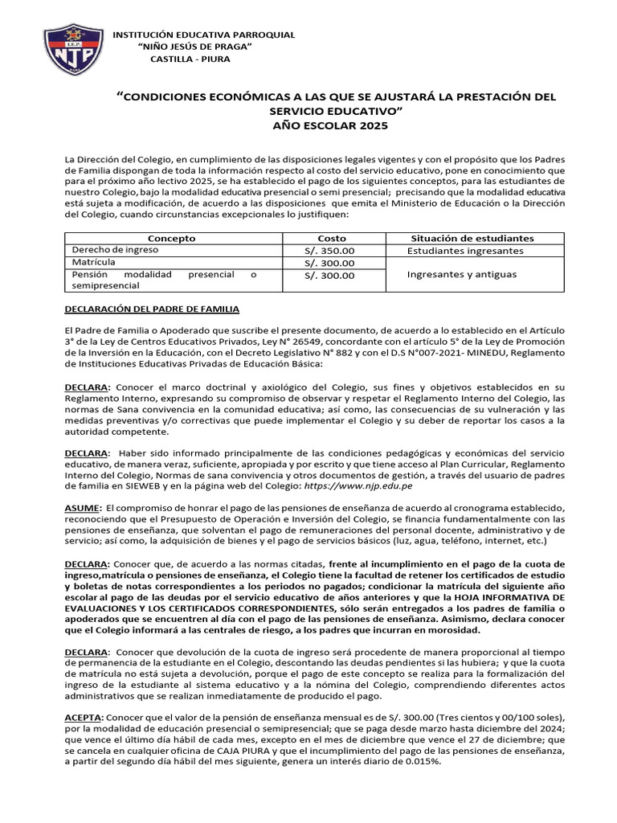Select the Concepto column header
coord(172,239)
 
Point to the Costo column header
coord(332,239)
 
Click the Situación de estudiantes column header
coord(472,239)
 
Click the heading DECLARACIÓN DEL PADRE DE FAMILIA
coord(152,309)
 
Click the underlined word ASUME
coord(83,508)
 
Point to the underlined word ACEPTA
coord(84,716)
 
